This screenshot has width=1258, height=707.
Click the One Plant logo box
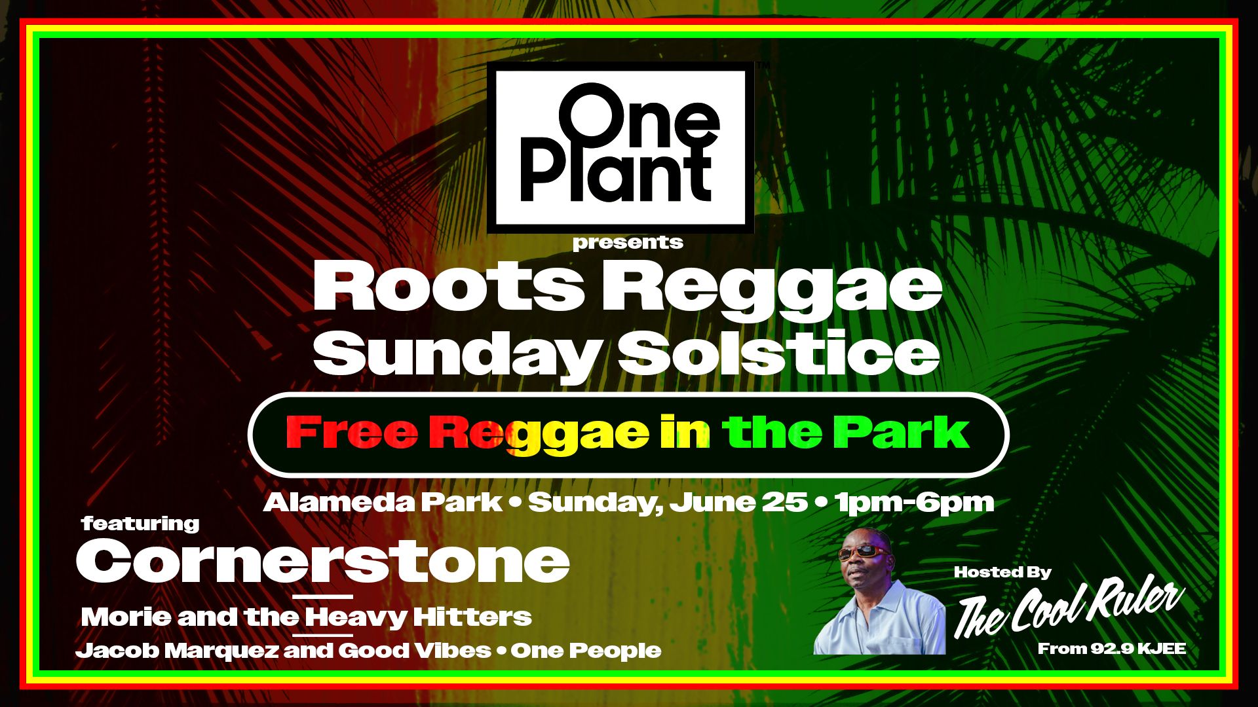click(x=620, y=148)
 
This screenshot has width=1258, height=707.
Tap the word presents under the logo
click(x=628, y=243)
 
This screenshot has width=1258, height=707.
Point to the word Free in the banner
click(x=352, y=433)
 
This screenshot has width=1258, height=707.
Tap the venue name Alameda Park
click(x=383, y=502)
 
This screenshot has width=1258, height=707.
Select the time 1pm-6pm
click(x=915, y=503)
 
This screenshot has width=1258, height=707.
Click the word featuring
click(x=141, y=524)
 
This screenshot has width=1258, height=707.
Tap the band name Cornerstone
click(x=323, y=561)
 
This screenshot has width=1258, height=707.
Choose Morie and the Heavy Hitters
click(x=306, y=617)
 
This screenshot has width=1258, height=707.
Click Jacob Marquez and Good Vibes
click(x=283, y=651)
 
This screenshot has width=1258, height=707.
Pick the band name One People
click(x=586, y=651)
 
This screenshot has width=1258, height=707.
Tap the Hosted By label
click(x=1002, y=572)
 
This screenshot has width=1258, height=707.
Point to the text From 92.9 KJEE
click(x=1112, y=649)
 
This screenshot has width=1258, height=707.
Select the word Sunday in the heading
click(x=455, y=355)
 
